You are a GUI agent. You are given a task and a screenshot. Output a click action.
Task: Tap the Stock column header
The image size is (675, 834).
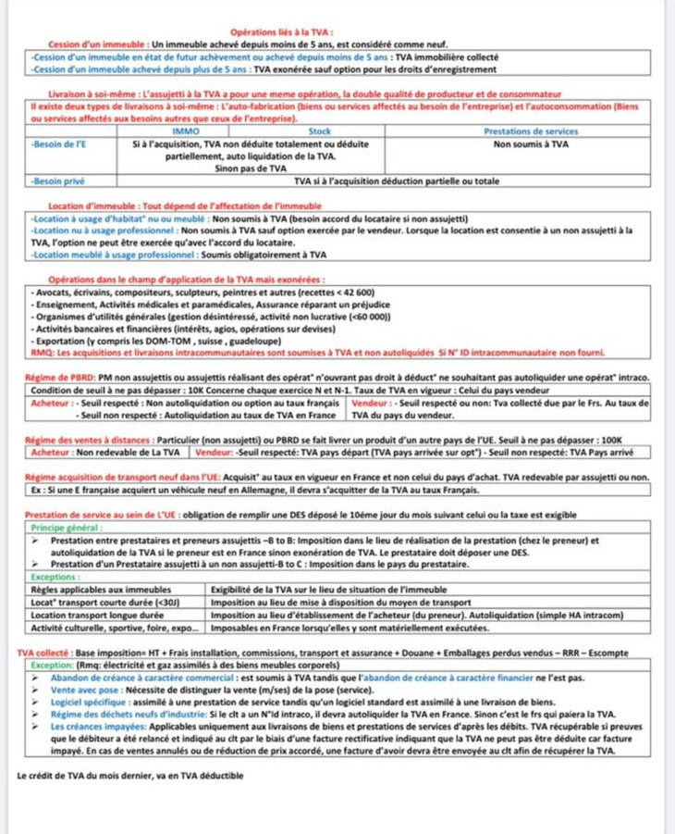pos(319,131)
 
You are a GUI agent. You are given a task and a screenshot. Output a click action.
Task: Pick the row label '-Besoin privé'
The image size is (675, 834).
pos(57,181)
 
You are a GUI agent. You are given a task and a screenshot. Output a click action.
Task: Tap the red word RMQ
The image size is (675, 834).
pos(43,353)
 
